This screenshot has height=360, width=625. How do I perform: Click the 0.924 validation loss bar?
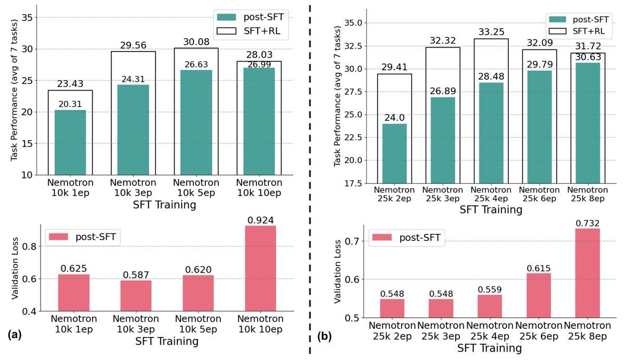[260, 268]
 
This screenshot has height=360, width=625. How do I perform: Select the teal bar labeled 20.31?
[70, 142]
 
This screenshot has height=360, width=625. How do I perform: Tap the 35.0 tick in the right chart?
[359, 23]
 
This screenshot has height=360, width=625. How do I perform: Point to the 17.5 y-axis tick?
[359, 183]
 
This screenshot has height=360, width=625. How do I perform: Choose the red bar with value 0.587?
[134, 295]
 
